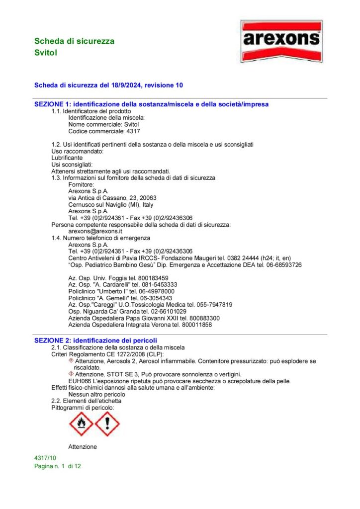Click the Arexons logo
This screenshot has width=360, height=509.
(x=281, y=41)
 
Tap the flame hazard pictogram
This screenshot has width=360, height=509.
(x=81, y=424)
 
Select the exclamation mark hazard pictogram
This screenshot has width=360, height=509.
(x=107, y=424)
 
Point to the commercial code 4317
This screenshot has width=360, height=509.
(x=133, y=131)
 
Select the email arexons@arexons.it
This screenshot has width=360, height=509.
(x=95, y=231)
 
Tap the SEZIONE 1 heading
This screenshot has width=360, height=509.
(x=151, y=104)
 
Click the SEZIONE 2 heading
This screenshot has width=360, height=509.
(x=92, y=340)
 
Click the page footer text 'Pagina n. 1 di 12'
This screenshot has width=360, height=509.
(x=57, y=466)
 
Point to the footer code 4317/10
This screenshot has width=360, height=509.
(x=45, y=457)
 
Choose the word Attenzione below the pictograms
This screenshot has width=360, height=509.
(x=83, y=446)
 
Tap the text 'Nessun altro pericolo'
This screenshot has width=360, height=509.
(x=96, y=394)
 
